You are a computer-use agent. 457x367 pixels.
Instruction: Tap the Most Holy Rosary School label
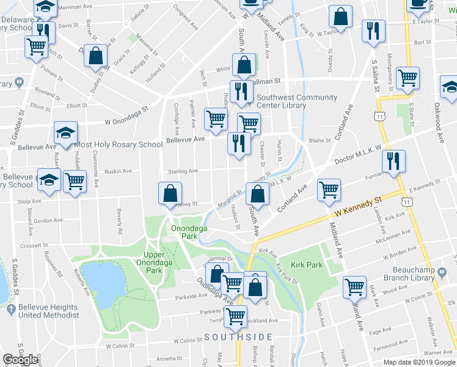[119, 145]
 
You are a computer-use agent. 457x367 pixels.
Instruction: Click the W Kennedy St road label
[357, 209]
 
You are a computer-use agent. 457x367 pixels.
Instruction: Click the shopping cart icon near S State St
[408, 78]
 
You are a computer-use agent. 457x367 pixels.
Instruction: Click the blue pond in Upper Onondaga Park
[98, 285]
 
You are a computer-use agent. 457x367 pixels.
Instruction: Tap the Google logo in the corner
[20, 360]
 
